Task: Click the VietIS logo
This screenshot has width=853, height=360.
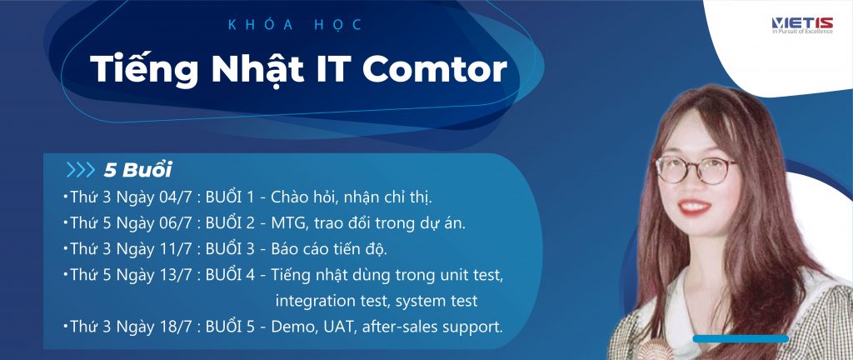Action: point(802,25)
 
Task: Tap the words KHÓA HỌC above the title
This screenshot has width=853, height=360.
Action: point(296,25)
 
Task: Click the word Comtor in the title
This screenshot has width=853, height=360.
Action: point(434,70)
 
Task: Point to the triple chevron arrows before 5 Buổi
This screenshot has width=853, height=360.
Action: point(81,170)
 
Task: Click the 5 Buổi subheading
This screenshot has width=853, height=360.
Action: point(137,170)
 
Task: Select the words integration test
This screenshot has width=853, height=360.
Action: point(333,301)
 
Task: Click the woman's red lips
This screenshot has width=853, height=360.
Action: point(694,207)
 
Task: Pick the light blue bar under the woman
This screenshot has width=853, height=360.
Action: point(741,339)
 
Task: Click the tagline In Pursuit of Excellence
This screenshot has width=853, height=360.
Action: point(802,32)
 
